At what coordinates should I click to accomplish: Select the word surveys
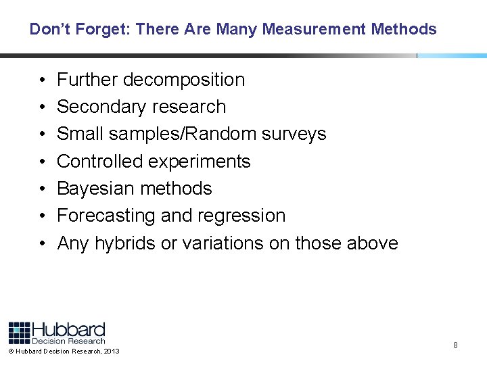(295, 134)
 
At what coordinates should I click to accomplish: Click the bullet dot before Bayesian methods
(41, 189)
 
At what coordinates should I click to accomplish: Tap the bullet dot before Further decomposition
(41, 80)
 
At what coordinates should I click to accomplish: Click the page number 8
(455, 345)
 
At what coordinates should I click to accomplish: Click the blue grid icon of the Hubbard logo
(20, 333)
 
